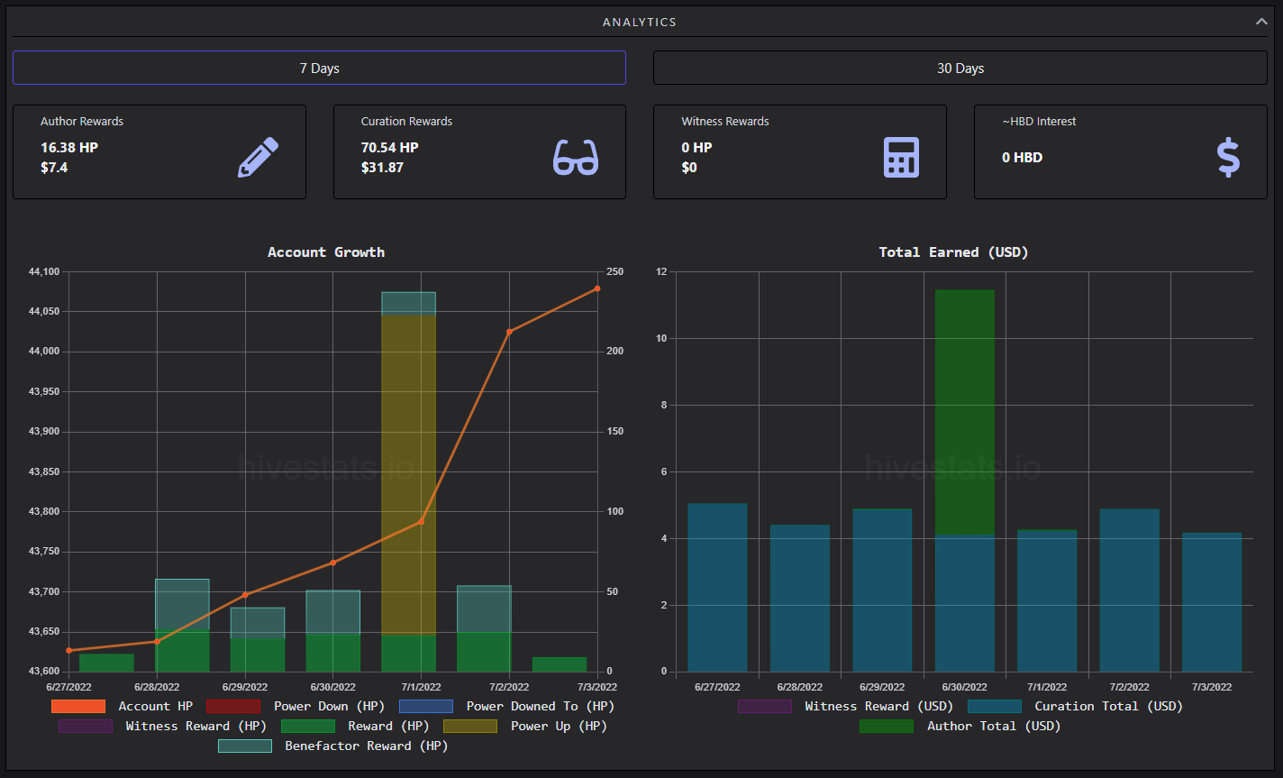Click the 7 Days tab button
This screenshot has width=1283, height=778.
point(319,68)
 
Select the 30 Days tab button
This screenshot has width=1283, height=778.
point(960,68)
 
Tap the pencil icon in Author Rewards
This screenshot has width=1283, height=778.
point(259,157)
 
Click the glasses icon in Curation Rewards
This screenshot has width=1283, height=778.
point(576,157)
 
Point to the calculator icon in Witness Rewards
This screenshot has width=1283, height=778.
point(901,157)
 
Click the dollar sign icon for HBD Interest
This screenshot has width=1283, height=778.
point(1228,157)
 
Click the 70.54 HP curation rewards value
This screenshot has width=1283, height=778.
point(389,147)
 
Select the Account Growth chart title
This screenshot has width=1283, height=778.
point(326,252)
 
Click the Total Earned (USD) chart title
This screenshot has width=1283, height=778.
point(953,252)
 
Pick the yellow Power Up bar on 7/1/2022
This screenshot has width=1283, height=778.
point(408,474)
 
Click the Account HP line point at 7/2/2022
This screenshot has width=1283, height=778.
point(509,332)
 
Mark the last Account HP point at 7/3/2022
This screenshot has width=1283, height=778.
point(597,288)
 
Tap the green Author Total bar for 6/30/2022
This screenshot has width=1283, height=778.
point(965,413)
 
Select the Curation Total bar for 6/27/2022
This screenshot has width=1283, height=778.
point(717,587)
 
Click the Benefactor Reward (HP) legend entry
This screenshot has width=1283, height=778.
point(332,746)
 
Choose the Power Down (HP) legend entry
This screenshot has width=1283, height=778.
point(296,707)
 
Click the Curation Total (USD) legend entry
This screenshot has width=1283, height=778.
point(1075,707)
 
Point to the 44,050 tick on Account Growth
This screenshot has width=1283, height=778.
point(44,311)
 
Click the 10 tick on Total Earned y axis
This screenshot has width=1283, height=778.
point(661,338)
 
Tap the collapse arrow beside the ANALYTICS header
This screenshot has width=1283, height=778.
point(1261,22)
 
